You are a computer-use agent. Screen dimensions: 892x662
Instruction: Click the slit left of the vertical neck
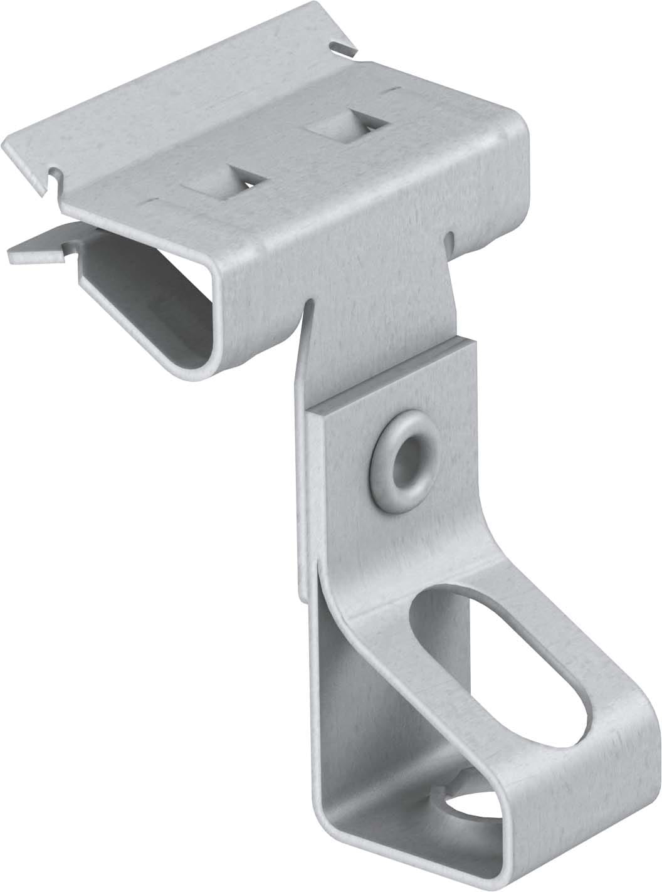[308, 307]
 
